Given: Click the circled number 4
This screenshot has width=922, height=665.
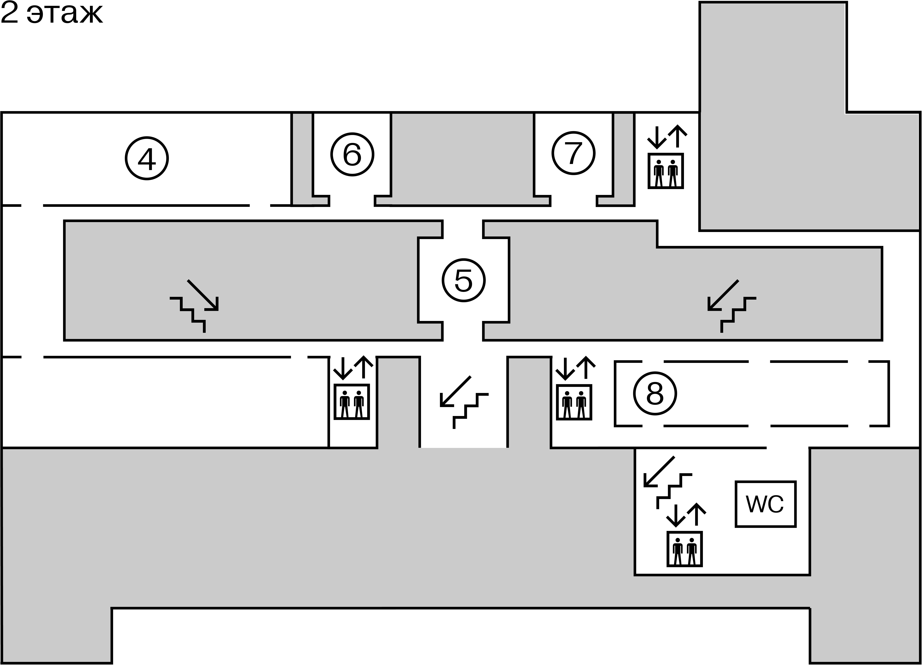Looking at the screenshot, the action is click(x=147, y=158).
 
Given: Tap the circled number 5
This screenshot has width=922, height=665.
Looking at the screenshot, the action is click(x=463, y=280).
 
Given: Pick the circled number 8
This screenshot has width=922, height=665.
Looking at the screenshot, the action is click(x=655, y=393).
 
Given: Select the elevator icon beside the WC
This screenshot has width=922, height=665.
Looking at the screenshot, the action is click(x=685, y=549).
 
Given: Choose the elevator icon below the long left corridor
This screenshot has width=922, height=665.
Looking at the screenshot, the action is click(x=352, y=401).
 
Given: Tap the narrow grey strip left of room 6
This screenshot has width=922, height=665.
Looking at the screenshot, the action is click(x=302, y=158).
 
